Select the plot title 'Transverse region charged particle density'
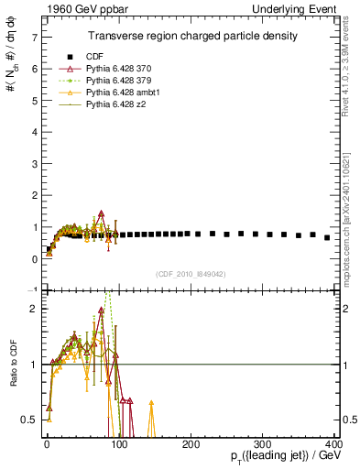click(192, 36)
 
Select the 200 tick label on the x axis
click(191, 444)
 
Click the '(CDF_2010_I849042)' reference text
click(192, 274)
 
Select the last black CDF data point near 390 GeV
click(327, 237)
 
